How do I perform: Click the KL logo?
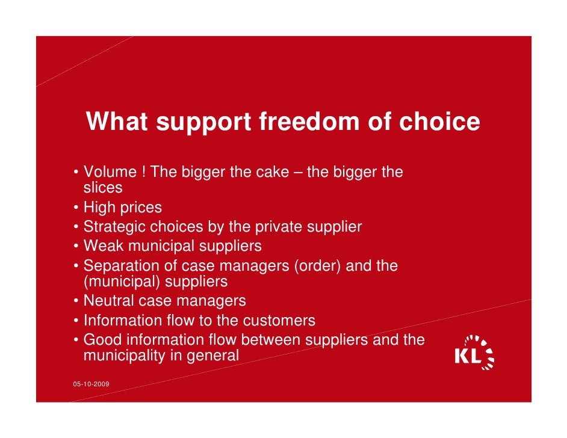(474, 351)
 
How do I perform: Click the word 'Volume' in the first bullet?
(110, 173)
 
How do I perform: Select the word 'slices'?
(103, 188)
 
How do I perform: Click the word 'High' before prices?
(100, 208)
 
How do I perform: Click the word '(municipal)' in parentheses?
(122, 282)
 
